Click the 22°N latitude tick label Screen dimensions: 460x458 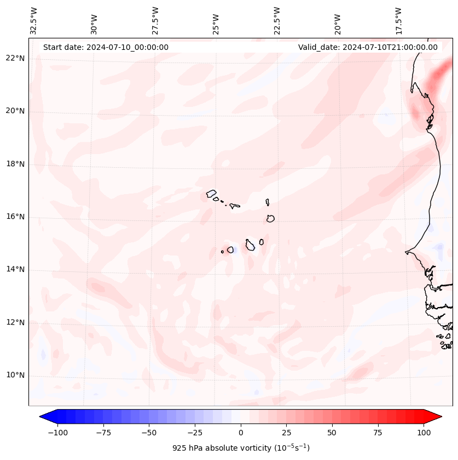(x=15, y=59)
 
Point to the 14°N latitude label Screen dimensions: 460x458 (x=15, y=269)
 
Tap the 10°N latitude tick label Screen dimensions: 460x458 (x=15, y=375)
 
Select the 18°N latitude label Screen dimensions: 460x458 (x=15, y=164)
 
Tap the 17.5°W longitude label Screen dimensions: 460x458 (x=398, y=20)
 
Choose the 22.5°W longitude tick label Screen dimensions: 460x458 (x=277, y=20)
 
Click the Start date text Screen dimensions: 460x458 (x=106, y=47)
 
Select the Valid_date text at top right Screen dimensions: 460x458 (x=368, y=47)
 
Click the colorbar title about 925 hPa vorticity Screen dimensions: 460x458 (x=241, y=448)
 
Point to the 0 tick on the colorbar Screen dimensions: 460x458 (x=241, y=433)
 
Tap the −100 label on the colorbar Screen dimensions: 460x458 (x=57, y=433)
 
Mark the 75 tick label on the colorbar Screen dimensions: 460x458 (x=378, y=433)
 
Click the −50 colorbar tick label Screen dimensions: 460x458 (x=149, y=433)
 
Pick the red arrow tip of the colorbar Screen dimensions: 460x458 (x=439, y=417)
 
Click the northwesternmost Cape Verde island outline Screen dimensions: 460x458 (x=211, y=193)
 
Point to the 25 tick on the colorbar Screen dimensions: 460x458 (x=286, y=433)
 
